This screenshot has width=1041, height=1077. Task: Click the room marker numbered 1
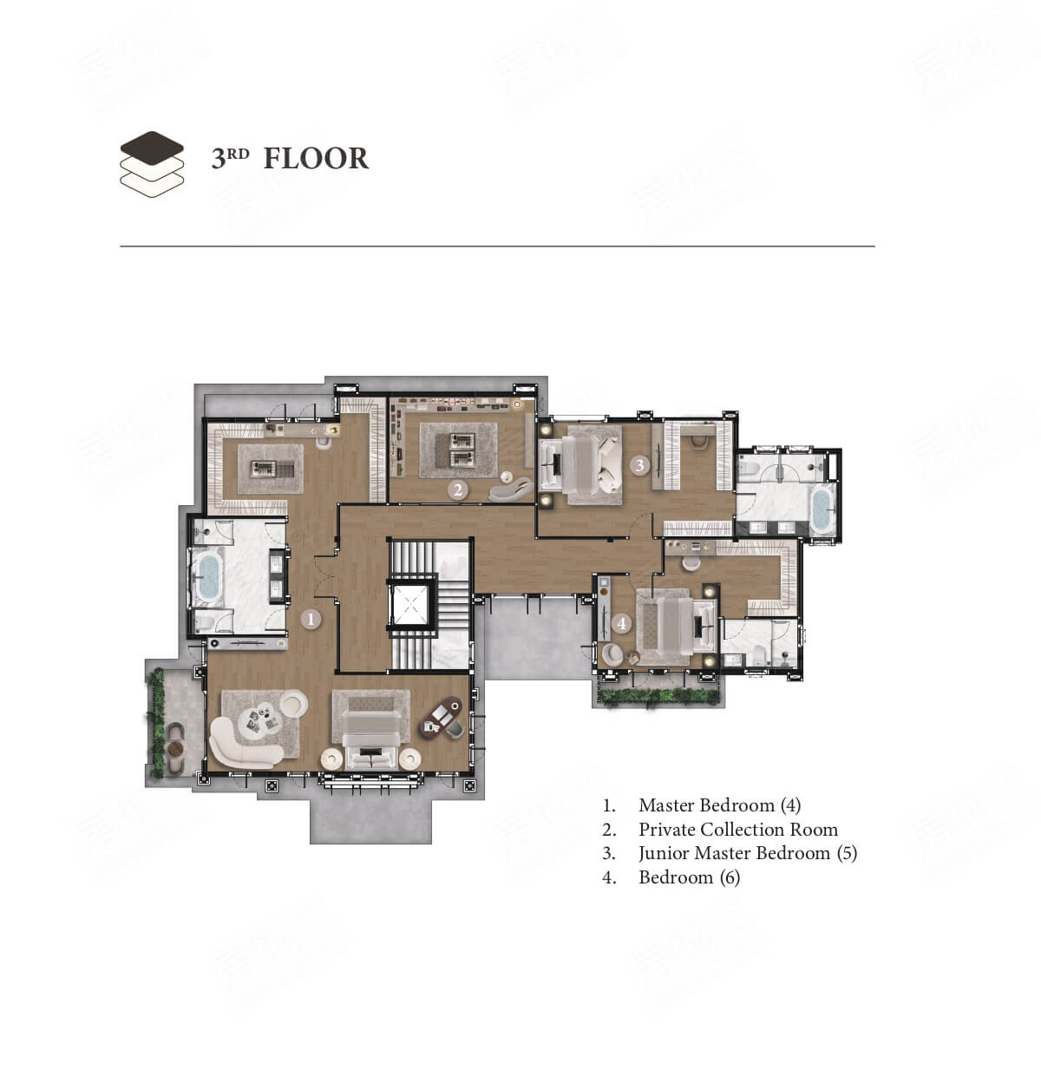311,620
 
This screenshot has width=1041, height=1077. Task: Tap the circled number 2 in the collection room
457,489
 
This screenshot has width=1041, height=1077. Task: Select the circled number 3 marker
640,465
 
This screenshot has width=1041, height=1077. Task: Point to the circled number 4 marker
622,624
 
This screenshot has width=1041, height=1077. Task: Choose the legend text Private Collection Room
738,830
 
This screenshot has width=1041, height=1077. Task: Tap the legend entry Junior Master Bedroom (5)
748,853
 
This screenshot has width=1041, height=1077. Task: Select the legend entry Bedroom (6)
689,877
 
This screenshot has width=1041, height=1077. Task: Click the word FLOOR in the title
316,158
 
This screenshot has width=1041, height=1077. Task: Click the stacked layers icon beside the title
152,164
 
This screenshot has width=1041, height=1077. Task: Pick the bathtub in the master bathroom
208,578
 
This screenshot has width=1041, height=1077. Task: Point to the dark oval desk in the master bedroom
441,718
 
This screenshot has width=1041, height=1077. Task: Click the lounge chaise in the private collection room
512,489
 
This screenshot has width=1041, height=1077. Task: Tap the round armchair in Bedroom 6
612,654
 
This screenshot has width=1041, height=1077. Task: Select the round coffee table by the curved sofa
259,719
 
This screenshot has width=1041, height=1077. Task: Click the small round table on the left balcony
175,749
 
